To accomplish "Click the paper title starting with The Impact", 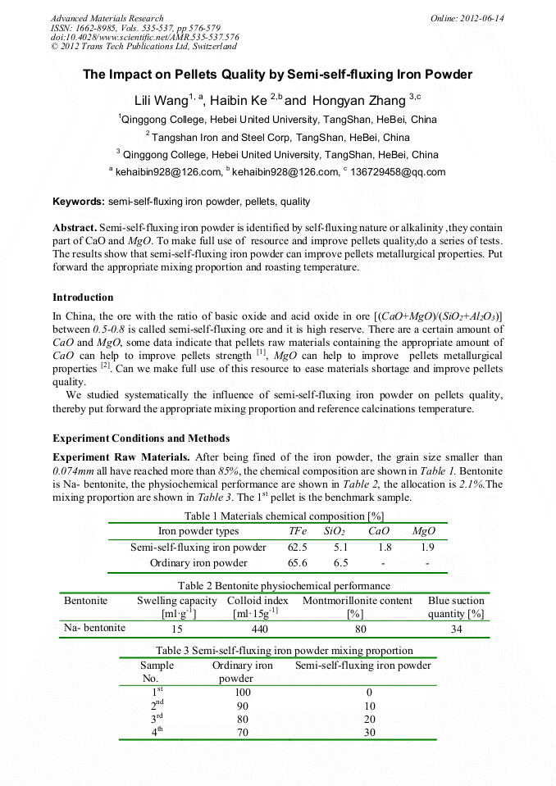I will pos(277,75).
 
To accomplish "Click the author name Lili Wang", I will pos(161,101).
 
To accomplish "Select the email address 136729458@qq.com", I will pos(397,172).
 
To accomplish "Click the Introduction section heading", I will pos(83,297).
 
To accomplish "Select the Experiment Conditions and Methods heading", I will pos(141,438).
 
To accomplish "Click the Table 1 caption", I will pos(284,516).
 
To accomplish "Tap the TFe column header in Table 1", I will pos(298,531).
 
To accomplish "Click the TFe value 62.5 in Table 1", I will pos(298,547).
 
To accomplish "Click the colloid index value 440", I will pos(259,629).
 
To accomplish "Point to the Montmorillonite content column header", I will pos(358,601).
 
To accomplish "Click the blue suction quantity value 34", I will pos(456,629).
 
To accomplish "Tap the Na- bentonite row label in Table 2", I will pos(95,628).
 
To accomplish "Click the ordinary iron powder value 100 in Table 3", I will pos(243,693).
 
